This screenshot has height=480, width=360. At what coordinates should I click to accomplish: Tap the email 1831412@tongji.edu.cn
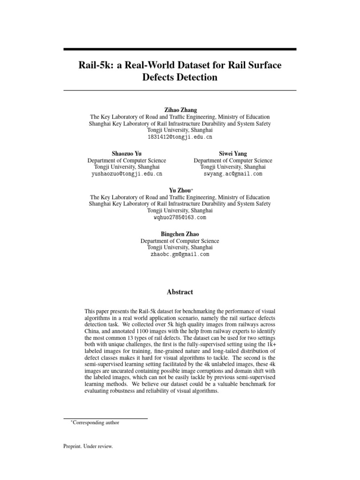[180, 137]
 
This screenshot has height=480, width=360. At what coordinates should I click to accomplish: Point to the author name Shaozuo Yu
[127, 153]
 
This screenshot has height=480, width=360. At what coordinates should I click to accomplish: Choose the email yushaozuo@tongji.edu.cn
[127, 173]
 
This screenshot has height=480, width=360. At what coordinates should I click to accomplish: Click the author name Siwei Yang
[233, 153]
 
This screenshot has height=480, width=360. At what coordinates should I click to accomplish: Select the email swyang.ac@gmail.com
[233, 173]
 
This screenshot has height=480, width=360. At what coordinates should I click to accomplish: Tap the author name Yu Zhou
[179, 190]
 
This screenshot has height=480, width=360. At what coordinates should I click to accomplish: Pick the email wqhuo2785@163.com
[180, 218]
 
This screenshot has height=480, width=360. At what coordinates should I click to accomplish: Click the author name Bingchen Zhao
[180, 233]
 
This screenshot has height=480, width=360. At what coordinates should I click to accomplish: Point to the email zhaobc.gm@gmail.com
[180, 254]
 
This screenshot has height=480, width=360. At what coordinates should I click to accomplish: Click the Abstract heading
[180, 292]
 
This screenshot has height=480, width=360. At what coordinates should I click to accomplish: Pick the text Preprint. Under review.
[88, 446]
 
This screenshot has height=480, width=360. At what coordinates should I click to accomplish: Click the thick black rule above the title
[180, 49]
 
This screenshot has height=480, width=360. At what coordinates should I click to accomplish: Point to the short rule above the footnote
[105, 418]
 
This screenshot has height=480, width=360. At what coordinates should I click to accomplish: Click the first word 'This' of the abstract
[90, 311]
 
